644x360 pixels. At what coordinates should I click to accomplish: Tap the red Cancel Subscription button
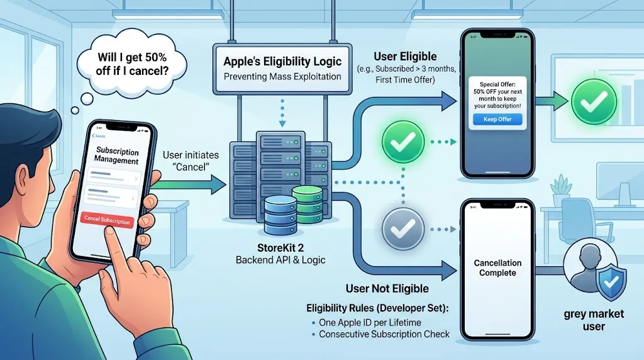(x=107, y=219)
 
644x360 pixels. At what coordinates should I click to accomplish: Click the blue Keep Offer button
(x=497, y=120)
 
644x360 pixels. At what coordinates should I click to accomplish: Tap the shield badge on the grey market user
(x=609, y=283)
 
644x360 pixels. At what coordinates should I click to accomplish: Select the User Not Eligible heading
(x=387, y=289)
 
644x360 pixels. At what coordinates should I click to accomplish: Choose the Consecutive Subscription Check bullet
(x=384, y=334)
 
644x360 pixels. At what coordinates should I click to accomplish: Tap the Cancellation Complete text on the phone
(x=497, y=267)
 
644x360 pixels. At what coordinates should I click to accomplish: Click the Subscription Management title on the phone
(x=116, y=155)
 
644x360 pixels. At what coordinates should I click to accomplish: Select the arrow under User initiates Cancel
(x=189, y=184)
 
